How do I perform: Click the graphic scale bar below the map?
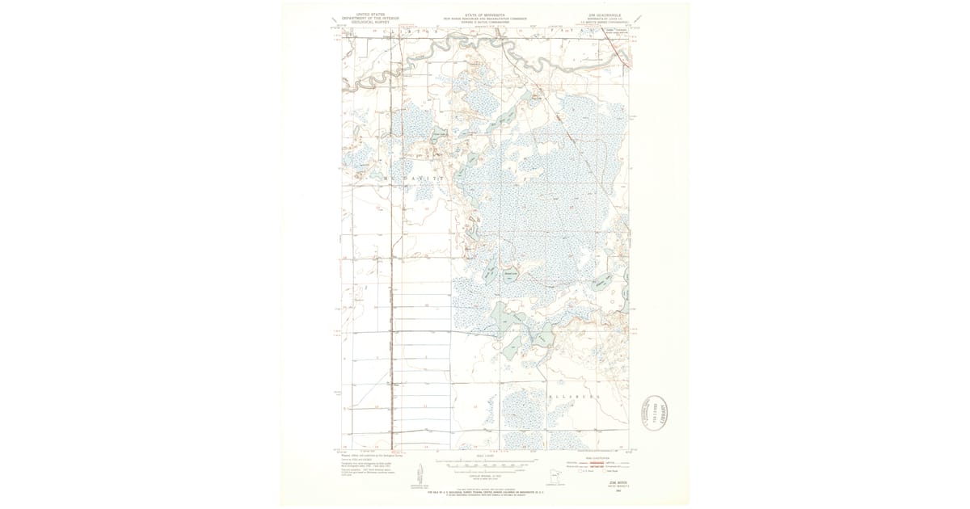tap(485, 465)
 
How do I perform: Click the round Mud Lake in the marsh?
tap(510, 276)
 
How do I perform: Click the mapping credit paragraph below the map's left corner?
tap(361, 462)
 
